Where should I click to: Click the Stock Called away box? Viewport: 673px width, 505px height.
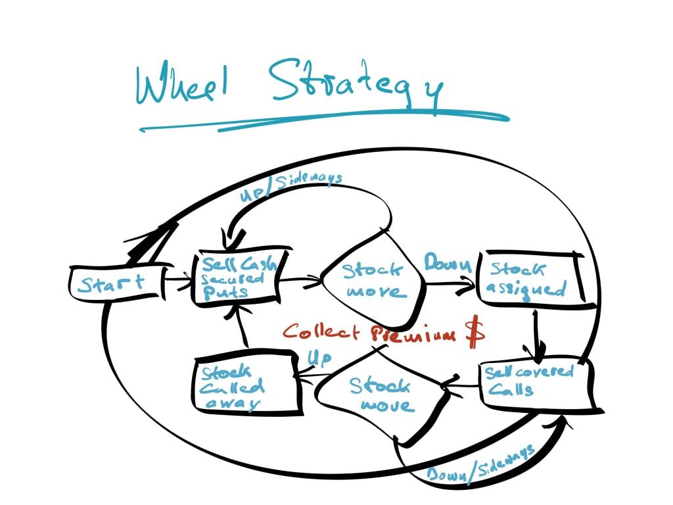[x=246, y=385]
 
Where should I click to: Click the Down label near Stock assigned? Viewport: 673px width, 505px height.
[x=447, y=265]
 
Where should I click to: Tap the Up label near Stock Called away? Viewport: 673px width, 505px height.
[x=319, y=358]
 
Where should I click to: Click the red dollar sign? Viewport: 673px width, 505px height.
[x=475, y=333]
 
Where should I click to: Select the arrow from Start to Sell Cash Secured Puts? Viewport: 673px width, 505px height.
[x=175, y=281]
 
